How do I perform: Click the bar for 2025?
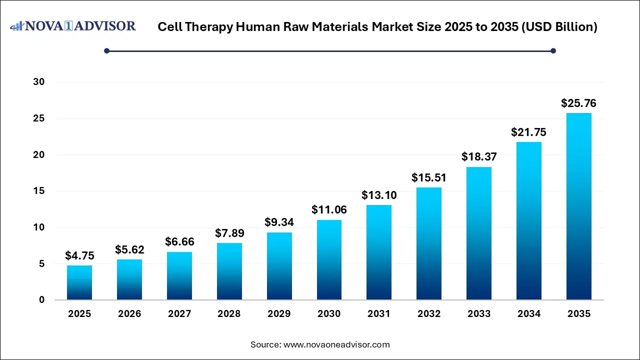79,282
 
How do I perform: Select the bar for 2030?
329,259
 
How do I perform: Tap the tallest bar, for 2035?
578,206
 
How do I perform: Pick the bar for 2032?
429,243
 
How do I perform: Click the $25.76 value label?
578,103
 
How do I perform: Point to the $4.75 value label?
79,256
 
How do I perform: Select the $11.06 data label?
329,210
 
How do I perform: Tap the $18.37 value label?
479,157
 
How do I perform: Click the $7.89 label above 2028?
229,233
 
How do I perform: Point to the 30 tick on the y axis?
38,82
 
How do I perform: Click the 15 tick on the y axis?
38,191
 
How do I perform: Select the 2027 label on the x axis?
179,314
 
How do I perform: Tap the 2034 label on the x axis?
528,314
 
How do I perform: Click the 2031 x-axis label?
379,314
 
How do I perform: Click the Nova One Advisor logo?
73,26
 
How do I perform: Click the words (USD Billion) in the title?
559,27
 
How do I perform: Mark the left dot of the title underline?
106,50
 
